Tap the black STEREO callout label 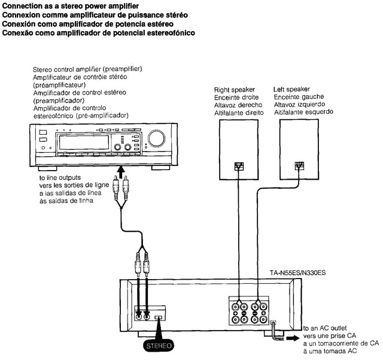tap(159, 346)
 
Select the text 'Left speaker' tap(291, 89)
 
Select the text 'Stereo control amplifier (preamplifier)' tap(87, 69)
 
